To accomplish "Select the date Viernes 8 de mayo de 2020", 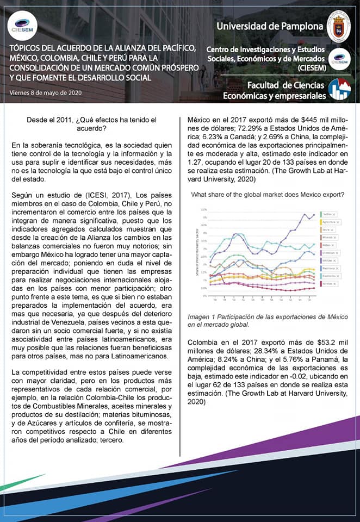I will point(46,92).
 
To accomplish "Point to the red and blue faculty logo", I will point(339,90).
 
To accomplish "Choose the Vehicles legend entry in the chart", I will point(327,260).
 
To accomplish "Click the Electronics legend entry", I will point(329,276).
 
